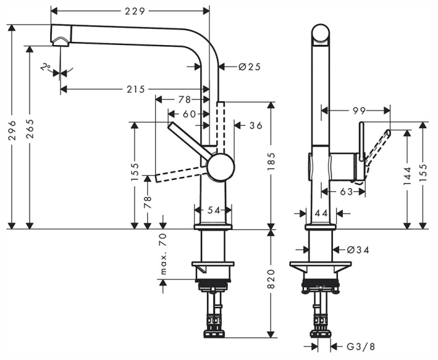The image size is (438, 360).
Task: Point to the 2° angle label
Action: (45, 67)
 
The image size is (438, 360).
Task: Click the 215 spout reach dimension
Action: (135, 89)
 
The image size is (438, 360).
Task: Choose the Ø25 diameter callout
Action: (249, 67)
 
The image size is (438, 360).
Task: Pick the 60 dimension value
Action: (190, 114)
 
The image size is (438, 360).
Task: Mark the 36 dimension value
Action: (255, 126)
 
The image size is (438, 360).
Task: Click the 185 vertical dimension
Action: (270, 166)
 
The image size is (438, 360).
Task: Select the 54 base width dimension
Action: (215, 211)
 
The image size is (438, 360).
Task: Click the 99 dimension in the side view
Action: (359, 111)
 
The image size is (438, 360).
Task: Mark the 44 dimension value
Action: (322, 213)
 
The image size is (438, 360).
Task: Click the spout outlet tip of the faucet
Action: (61, 42)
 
